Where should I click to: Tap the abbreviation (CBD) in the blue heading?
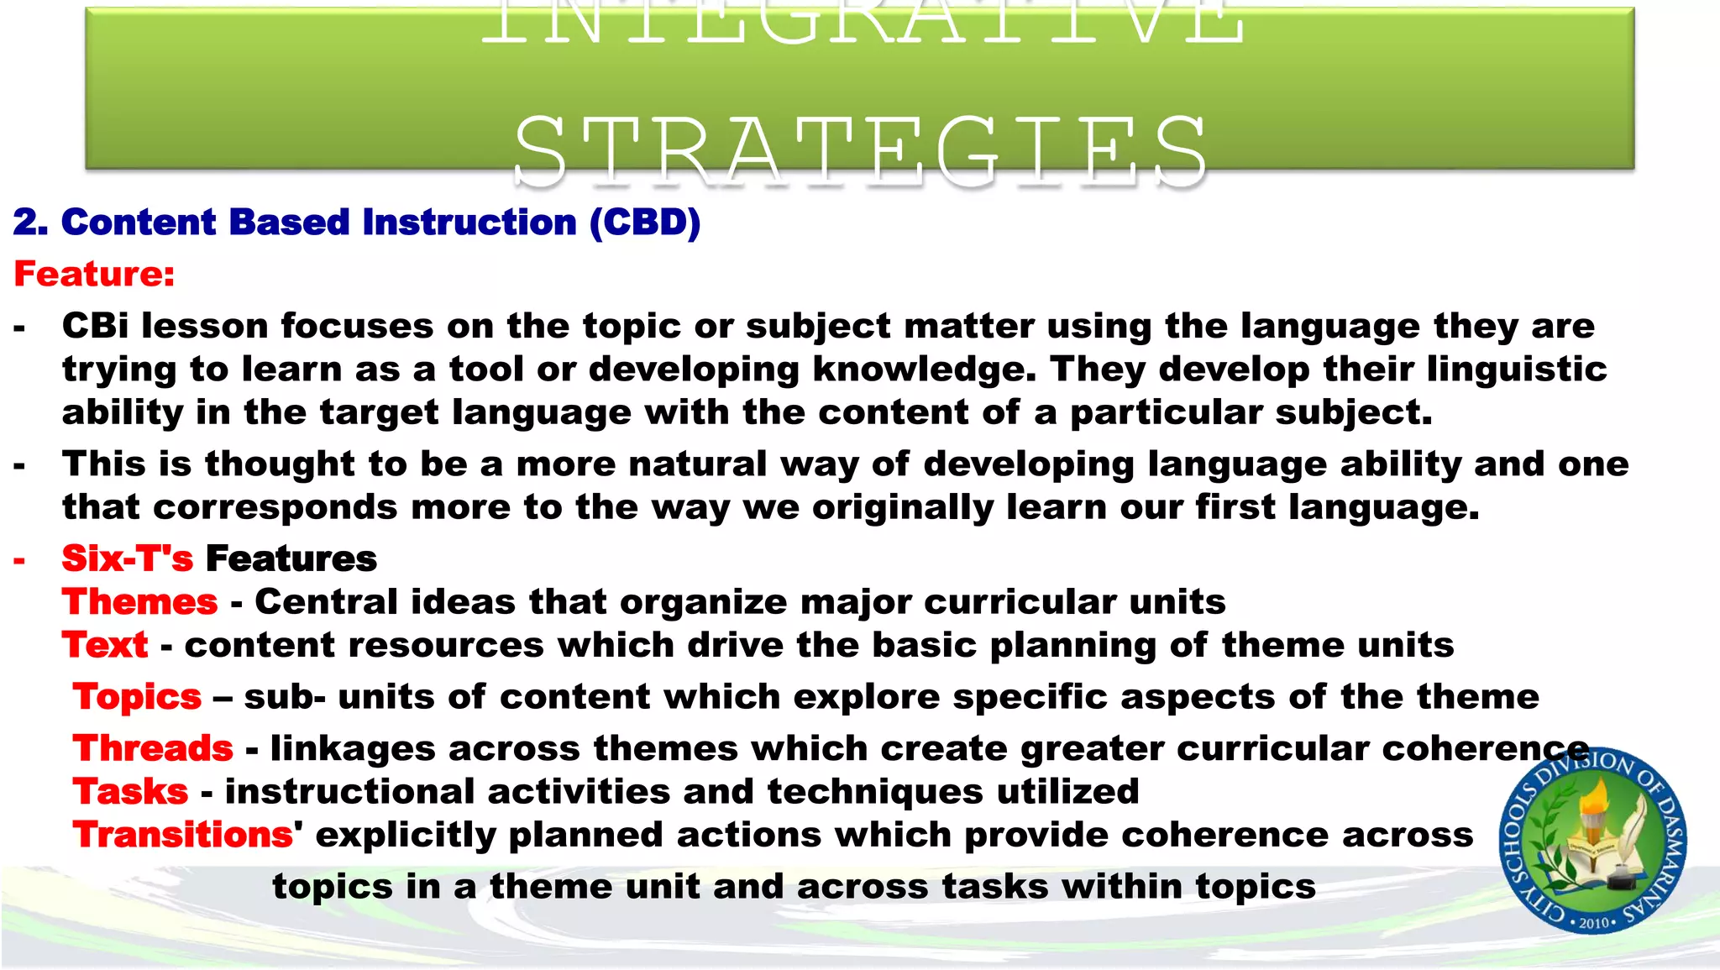pyautogui.click(x=645, y=223)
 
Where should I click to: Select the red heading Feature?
pyautogui.click(x=94, y=274)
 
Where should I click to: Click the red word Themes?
pyautogui.click(x=139, y=602)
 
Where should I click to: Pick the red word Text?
pyautogui.click(x=105, y=645)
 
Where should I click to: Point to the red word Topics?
pyautogui.click(x=137, y=697)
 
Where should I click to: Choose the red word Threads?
pyautogui.click(x=153, y=748)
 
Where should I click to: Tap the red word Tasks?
pyautogui.click(x=130, y=792)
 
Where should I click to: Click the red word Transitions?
pyautogui.click(x=183, y=835)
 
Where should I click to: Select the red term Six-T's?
pyautogui.click(x=127, y=558)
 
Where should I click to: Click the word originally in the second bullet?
pyautogui.click(x=903, y=507)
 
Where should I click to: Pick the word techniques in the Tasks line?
pyautogui.click(x=875, y=792)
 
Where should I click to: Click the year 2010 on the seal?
pyautogui.click(x=1593, y=923)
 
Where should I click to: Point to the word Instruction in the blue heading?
pyautogui.click(x=469, y=223)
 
